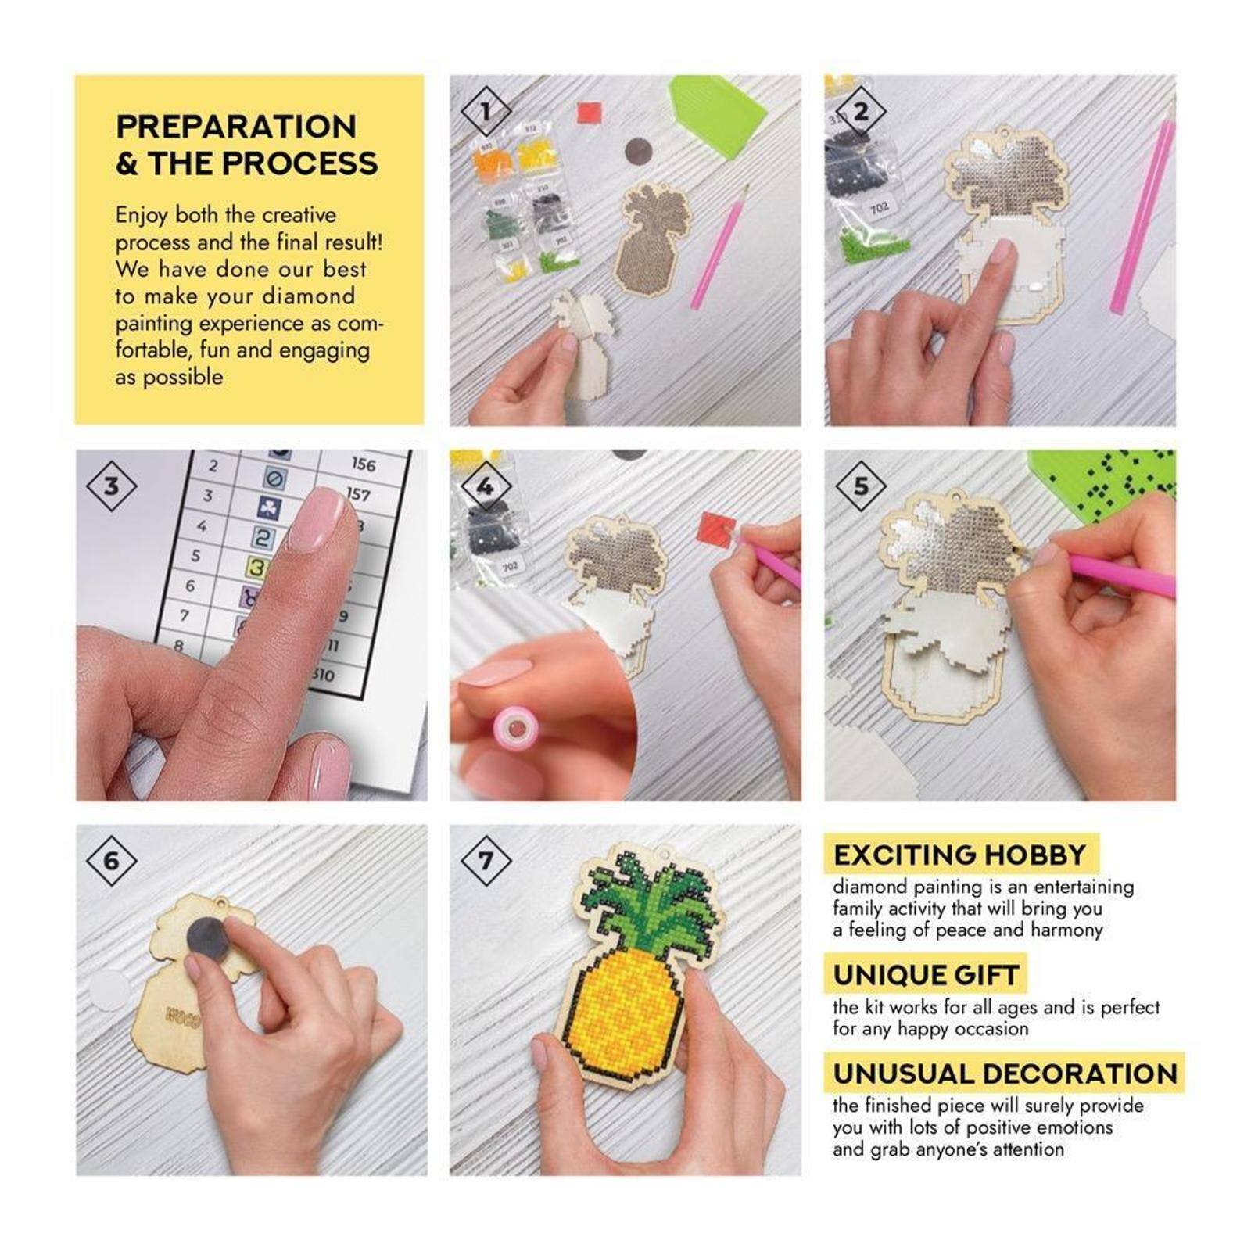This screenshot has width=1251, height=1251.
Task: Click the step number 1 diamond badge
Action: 486,111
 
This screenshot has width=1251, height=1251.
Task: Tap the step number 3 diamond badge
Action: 111,486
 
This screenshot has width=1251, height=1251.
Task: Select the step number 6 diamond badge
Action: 111,861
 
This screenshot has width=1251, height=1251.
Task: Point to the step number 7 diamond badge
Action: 486,861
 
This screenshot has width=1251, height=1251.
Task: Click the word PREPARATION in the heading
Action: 236,127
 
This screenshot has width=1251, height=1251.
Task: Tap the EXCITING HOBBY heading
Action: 959,855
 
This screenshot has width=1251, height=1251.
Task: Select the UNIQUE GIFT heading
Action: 926,975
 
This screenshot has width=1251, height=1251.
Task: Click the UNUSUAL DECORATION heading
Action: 1005,1074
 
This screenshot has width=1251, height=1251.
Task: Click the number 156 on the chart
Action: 363,464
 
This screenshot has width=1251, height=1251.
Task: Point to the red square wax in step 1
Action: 590,113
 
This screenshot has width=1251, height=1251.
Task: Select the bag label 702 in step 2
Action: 879,208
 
